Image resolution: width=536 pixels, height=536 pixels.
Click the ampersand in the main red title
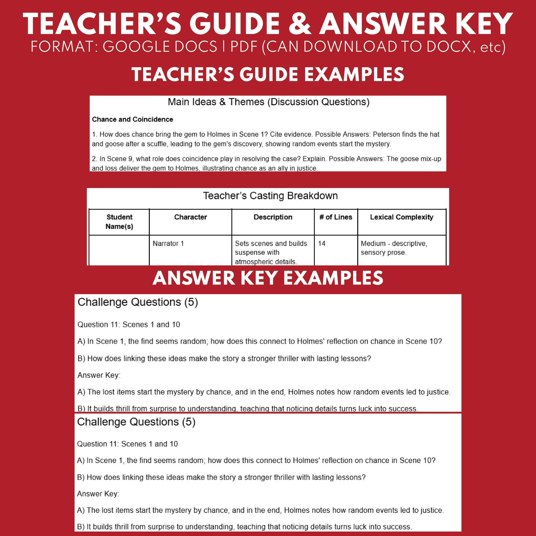pos(300,25)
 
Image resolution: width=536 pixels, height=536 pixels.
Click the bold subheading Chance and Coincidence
pos(132,119)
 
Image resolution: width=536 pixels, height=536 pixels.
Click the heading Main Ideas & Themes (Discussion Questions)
pos(268,102)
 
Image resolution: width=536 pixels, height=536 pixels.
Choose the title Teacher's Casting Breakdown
pos(270,196)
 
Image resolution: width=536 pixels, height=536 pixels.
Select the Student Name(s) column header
pos(119,222)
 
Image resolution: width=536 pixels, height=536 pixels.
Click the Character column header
pos(190,217)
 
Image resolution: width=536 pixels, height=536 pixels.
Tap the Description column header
pos(273,217)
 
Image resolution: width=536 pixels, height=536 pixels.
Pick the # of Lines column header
pos(336,217)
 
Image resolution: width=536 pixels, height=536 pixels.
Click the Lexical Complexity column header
pos(401,217)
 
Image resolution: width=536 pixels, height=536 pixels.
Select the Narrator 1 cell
pos(168,243)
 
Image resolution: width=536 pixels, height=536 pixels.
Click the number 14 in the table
pos(321,243)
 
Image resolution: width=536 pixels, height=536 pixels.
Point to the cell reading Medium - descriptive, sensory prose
pos(394,248)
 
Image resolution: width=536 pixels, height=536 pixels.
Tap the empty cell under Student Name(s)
pos(119,250)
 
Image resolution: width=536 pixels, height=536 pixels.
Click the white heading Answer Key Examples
pos(268,278)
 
